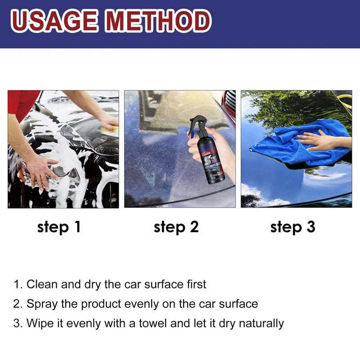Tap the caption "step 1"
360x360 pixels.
(59, 227)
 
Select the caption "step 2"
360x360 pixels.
(176, 227)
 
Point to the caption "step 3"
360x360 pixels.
(293, 227)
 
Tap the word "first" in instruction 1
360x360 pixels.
(196, 284)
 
